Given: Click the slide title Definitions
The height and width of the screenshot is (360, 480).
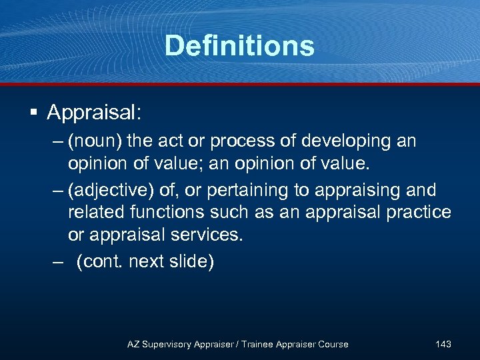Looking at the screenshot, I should click(239, 45).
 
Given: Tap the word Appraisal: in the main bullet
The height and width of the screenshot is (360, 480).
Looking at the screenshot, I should click(94, 112).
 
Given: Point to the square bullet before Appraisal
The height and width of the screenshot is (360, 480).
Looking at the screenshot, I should click(32, 113).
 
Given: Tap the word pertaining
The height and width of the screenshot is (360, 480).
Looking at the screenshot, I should click(250, 190).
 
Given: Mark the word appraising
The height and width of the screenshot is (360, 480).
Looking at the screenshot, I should click(353, 190).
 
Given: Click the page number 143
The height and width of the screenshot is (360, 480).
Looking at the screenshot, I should click(443, 344).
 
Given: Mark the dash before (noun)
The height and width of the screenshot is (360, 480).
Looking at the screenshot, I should click(59, 141).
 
